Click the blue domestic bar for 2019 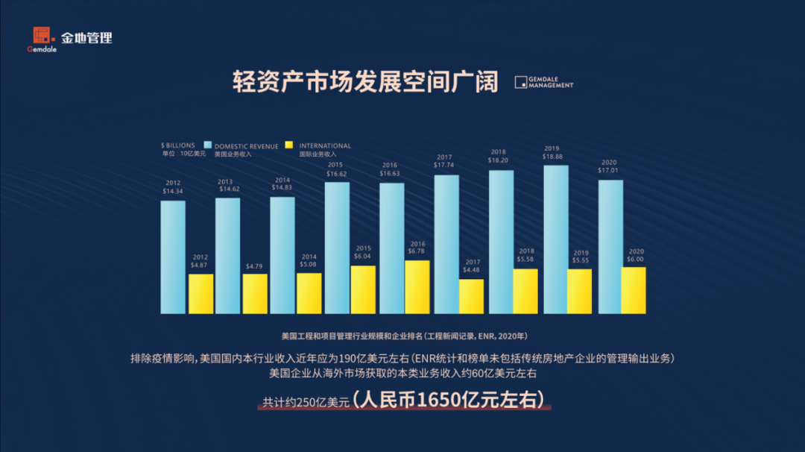(555, 239)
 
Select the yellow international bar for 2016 (417, 287)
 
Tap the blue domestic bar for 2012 (173, 257)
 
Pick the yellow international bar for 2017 (471, 296)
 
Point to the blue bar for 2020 (610, 246)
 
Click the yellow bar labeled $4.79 (255, 293)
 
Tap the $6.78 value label (417, 252)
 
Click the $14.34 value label (172, 192)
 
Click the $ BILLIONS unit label (177, 145)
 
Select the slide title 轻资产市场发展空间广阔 (365, 81)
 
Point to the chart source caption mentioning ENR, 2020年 (405, 336)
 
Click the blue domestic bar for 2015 (337, 248)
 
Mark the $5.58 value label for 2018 (526, 260)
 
